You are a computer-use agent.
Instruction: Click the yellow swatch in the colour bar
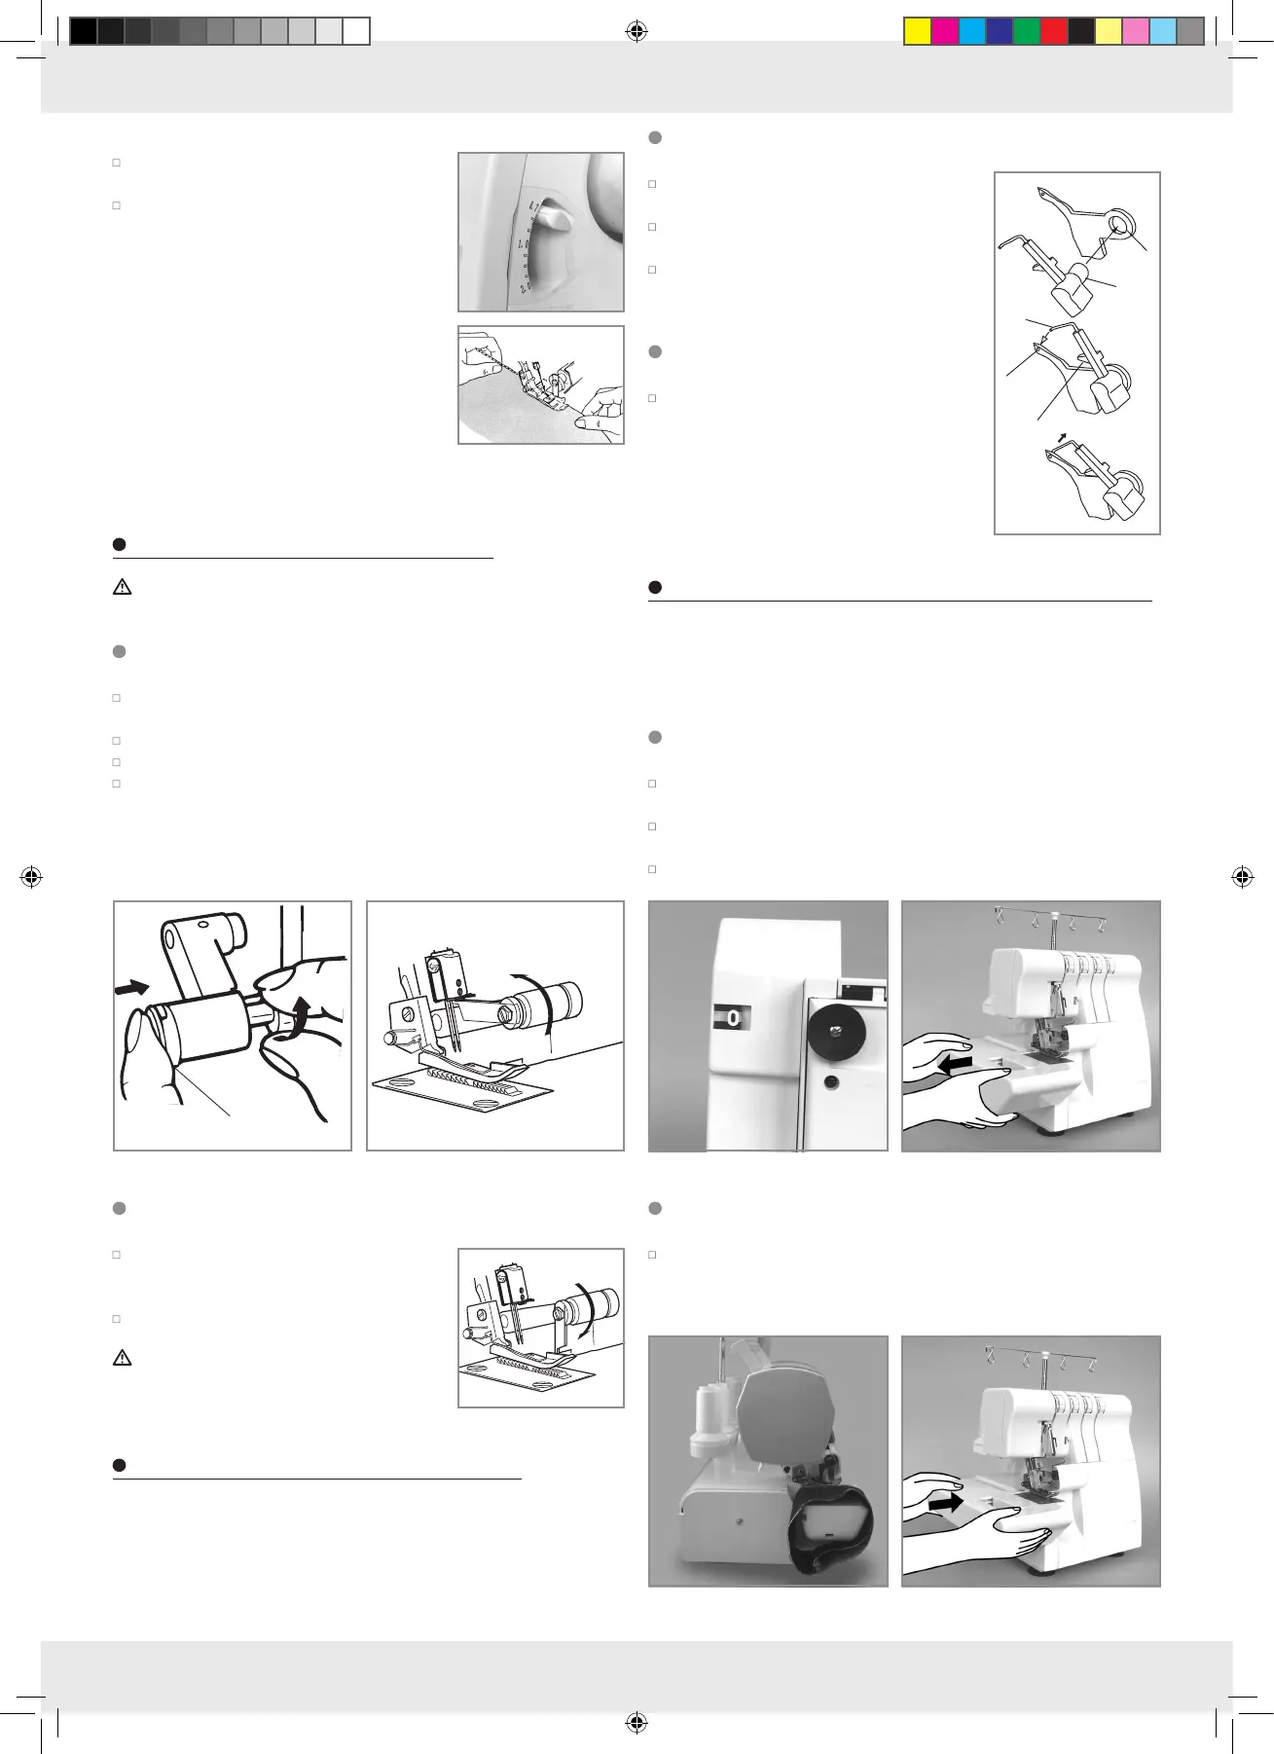click(x=918, y=32)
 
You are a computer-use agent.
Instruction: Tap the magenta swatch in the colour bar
click(x=945, y=32)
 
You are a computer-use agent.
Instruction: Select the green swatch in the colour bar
click(x=1027, y=32)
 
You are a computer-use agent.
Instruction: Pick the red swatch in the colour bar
click(x=1054, y=32)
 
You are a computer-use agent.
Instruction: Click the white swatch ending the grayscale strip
click(x=356, y=32)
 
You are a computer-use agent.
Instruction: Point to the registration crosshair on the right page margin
click(x=1242, y=877)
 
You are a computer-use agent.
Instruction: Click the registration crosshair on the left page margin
click(x=31, y=877)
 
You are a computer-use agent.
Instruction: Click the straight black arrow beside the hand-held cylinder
click(x=132, y=989)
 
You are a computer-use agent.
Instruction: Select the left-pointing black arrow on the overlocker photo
click(x=956, y=1066)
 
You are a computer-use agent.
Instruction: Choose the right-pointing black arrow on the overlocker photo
click(x=945, y=1504)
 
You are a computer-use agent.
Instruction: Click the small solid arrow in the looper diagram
click(x=1063, y=437)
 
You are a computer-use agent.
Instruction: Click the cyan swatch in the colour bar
click(x=972, y=32)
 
